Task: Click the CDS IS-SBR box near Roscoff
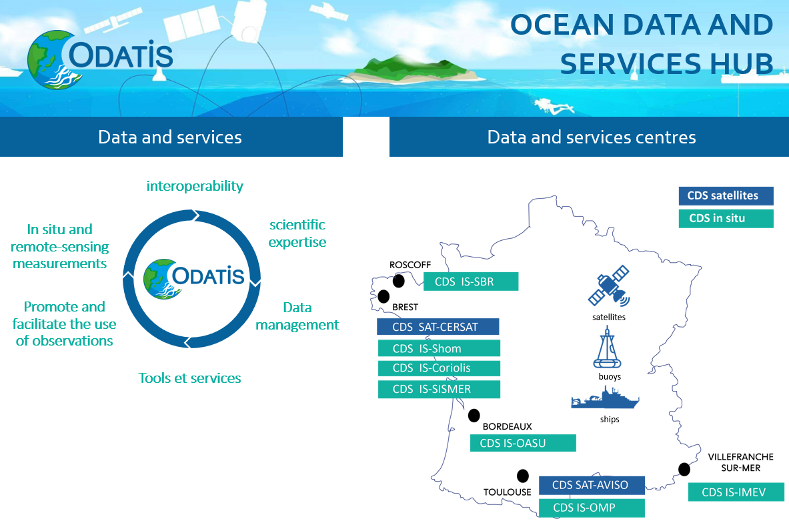point(471,282)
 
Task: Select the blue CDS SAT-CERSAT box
point(438,327)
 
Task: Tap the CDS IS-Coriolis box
point(440,368)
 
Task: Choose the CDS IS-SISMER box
point(440,389)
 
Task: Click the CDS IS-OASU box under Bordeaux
point(523,443)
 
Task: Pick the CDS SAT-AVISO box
point(592,485)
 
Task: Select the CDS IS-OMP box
point(592,508)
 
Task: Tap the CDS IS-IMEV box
point(736,492)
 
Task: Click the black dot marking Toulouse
point(523,476)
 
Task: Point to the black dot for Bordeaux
point(474,416)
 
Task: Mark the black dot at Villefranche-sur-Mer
point(684,469)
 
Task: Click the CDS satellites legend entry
point(726,196)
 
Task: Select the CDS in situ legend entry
point(726,218)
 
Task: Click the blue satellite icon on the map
point(610,286)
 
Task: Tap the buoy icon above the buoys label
point(608,348)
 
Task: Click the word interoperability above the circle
point(195,186)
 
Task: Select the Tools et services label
point(189,378)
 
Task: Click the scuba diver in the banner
point(554,105)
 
